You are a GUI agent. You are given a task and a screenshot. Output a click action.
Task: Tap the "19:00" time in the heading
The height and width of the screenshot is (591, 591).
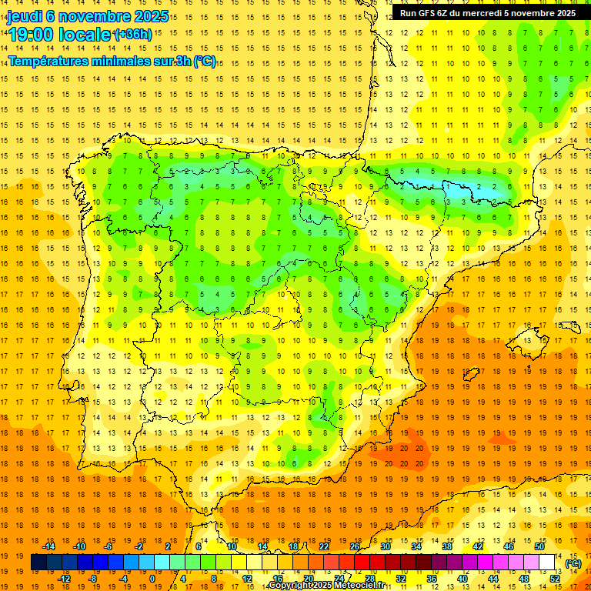pyautogui.click(x=32, y=35)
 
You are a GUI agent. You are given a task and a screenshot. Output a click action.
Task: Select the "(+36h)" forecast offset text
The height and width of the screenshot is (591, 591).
pyautogui.click(x=133, y=35)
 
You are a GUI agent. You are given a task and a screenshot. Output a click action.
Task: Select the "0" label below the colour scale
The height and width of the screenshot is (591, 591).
pyautogui.click(x=152, y=578)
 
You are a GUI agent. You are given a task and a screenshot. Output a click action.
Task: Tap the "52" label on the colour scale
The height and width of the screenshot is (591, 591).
pyautogui.click(x=555, y=578)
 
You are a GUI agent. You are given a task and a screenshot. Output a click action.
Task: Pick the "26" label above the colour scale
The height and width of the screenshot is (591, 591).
pyautogui.click(x=355, y=546)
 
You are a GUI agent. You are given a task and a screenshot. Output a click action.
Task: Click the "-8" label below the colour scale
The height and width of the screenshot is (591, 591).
pyautogui.click(x=92, y=578)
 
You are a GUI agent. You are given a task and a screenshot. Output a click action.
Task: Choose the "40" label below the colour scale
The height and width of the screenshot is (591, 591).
pyautogui.click(x=462, y=578)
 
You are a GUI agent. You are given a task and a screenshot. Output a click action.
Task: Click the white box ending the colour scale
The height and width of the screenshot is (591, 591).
pyautogui.click(x=546, y=563)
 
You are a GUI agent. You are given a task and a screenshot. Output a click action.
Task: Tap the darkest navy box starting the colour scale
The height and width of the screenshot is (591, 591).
pyautogui.click(x=38, y=563)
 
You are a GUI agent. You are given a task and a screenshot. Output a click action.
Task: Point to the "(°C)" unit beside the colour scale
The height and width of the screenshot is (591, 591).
pyautogui.click(x=573, y=563)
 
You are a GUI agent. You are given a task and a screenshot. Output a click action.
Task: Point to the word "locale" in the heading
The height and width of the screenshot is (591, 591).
pyautogui.click(x=84, y=35)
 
